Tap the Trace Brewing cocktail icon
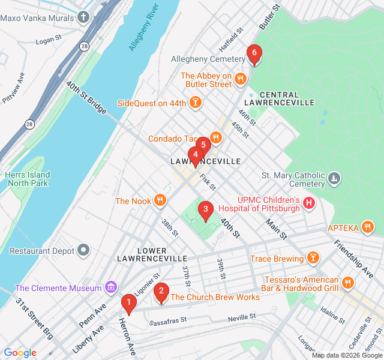pos(312,259)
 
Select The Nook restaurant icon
pos(160,201)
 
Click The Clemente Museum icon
pos(110,288)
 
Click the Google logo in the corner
pos(20,353)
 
